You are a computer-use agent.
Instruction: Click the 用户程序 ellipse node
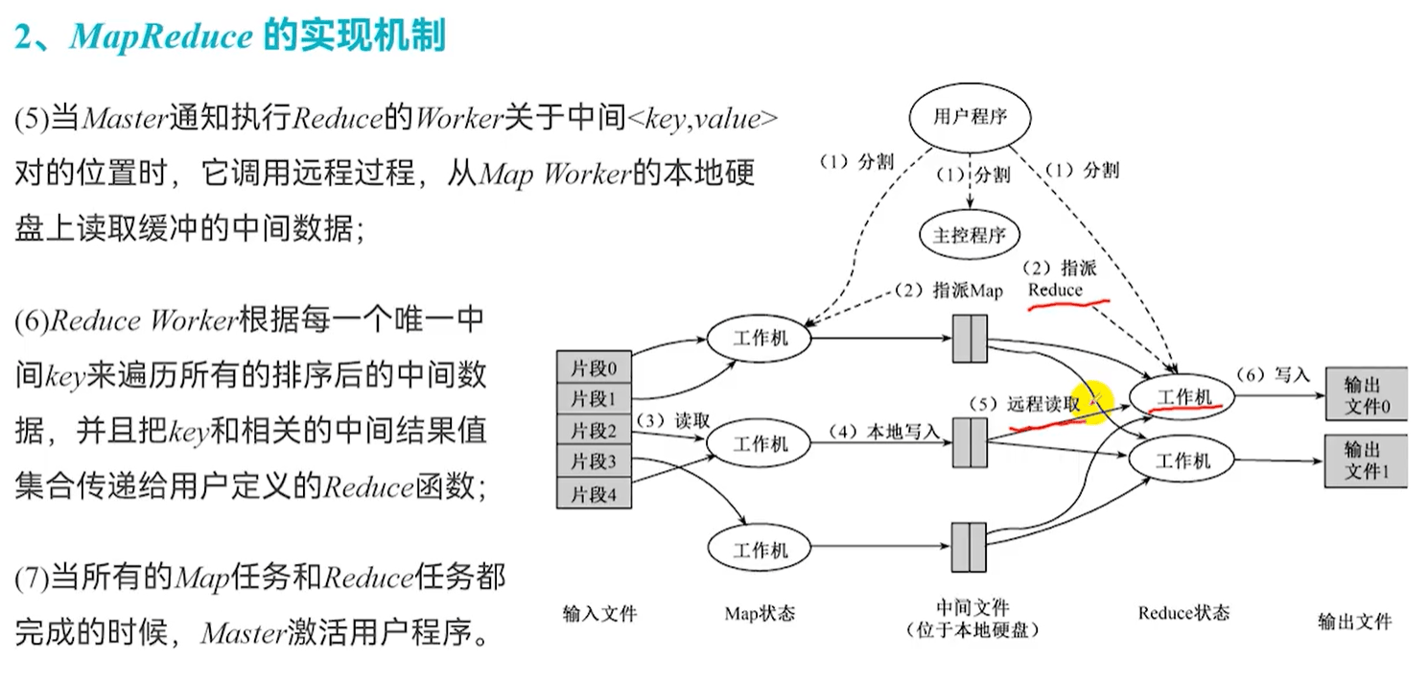[970, 118]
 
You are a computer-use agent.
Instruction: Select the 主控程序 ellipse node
[970, 234]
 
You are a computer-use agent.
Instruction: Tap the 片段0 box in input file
[594, 367]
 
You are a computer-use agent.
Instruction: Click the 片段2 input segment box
[594, 429]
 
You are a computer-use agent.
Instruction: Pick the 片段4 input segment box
[594, 493]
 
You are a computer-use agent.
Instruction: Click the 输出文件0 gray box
[1365, 394]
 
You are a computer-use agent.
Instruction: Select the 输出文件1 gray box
[1365, 460]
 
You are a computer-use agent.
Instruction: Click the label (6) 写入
[1272, 374]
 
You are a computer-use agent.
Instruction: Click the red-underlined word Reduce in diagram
[1055, 290]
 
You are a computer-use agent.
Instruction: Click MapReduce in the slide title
[161, 36]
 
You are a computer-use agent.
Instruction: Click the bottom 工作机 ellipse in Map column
[760, 550]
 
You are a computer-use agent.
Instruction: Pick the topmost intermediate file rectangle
[970, 339]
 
